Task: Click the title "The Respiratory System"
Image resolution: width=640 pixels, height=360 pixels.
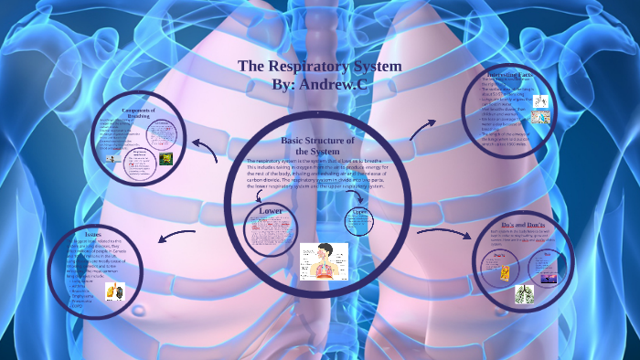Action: coord(319,66)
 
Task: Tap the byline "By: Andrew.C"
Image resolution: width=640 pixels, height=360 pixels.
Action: coord(319,84)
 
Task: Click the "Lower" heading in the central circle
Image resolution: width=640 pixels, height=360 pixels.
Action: coord(271,211)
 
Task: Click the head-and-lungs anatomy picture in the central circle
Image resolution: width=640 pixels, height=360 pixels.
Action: coord(324,260)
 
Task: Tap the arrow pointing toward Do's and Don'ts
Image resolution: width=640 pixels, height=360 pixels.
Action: coord(440,236)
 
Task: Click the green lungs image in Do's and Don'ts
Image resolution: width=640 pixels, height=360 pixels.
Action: coord(524,293)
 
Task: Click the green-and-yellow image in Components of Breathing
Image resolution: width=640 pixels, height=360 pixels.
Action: coord(166,158)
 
